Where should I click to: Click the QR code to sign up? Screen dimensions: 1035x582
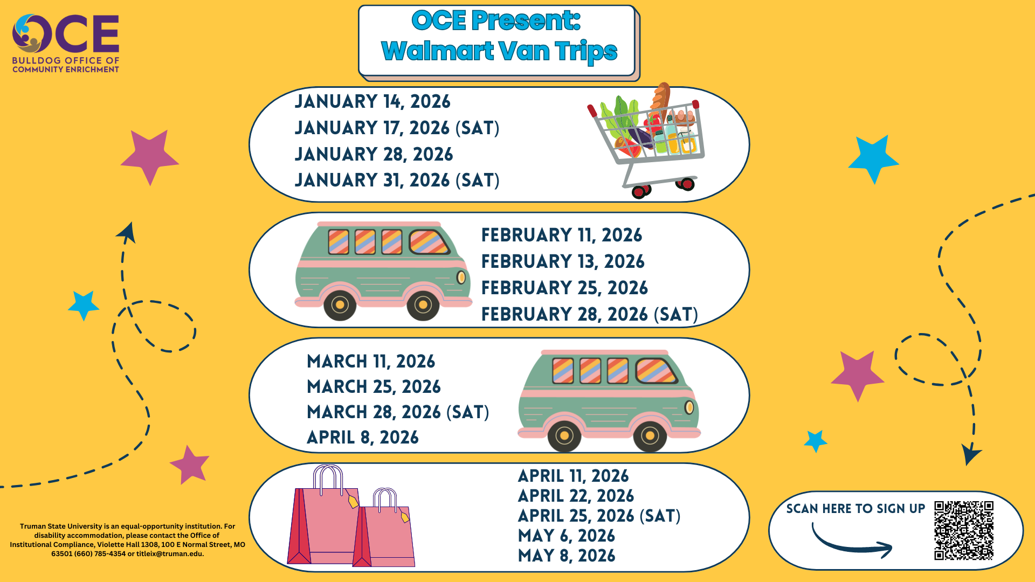964,530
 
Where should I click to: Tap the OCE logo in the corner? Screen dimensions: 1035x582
66,44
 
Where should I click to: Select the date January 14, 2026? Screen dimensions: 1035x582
372,101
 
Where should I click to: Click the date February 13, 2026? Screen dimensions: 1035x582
563,261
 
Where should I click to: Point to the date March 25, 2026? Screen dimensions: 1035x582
374,386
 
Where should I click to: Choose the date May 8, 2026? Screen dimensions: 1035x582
567,556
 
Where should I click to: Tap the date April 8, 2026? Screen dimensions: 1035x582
363,437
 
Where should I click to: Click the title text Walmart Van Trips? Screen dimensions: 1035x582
499,51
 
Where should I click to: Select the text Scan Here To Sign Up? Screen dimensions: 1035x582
855,509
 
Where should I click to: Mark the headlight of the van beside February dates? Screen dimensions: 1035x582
461,278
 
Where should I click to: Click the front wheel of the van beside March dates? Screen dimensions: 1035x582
650,435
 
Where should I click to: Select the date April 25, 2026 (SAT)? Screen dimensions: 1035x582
599,516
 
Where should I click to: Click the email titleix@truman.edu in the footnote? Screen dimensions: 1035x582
170,553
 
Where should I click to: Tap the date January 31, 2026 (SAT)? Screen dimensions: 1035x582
397,180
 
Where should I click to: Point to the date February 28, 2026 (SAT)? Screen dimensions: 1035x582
590,314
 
